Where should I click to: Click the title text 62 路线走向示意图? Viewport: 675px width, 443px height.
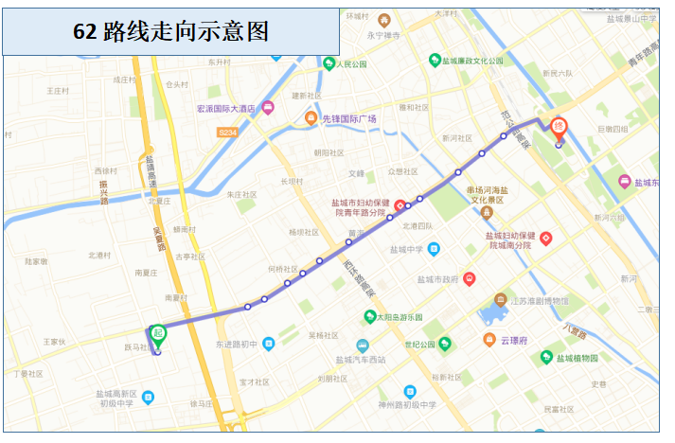pyautogui.click(x=170, y=32)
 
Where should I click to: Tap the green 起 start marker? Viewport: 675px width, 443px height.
pyautogui.click(x=158, y=332)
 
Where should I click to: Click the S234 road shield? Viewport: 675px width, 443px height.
pyautogui.click(x=227, y=133)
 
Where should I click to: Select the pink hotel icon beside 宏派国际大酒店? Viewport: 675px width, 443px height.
pyautogui.click(x=269, y=107)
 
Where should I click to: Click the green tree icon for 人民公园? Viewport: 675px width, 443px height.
pyautogui.click(x=329, y=64)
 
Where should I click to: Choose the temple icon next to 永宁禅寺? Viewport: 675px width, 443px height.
pyautogui.click(x=383, y=20)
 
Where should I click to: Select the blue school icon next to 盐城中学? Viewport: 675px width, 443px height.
pyautogui.click(x=434, y=250)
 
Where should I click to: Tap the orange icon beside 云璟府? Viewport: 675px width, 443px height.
pyautogui.click(x=488, y=339)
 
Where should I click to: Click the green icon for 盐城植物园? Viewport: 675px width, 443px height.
pyautogui.click(x=545, y=357)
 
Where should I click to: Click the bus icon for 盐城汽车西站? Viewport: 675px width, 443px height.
pyautogui.click(x=363, y=346)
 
